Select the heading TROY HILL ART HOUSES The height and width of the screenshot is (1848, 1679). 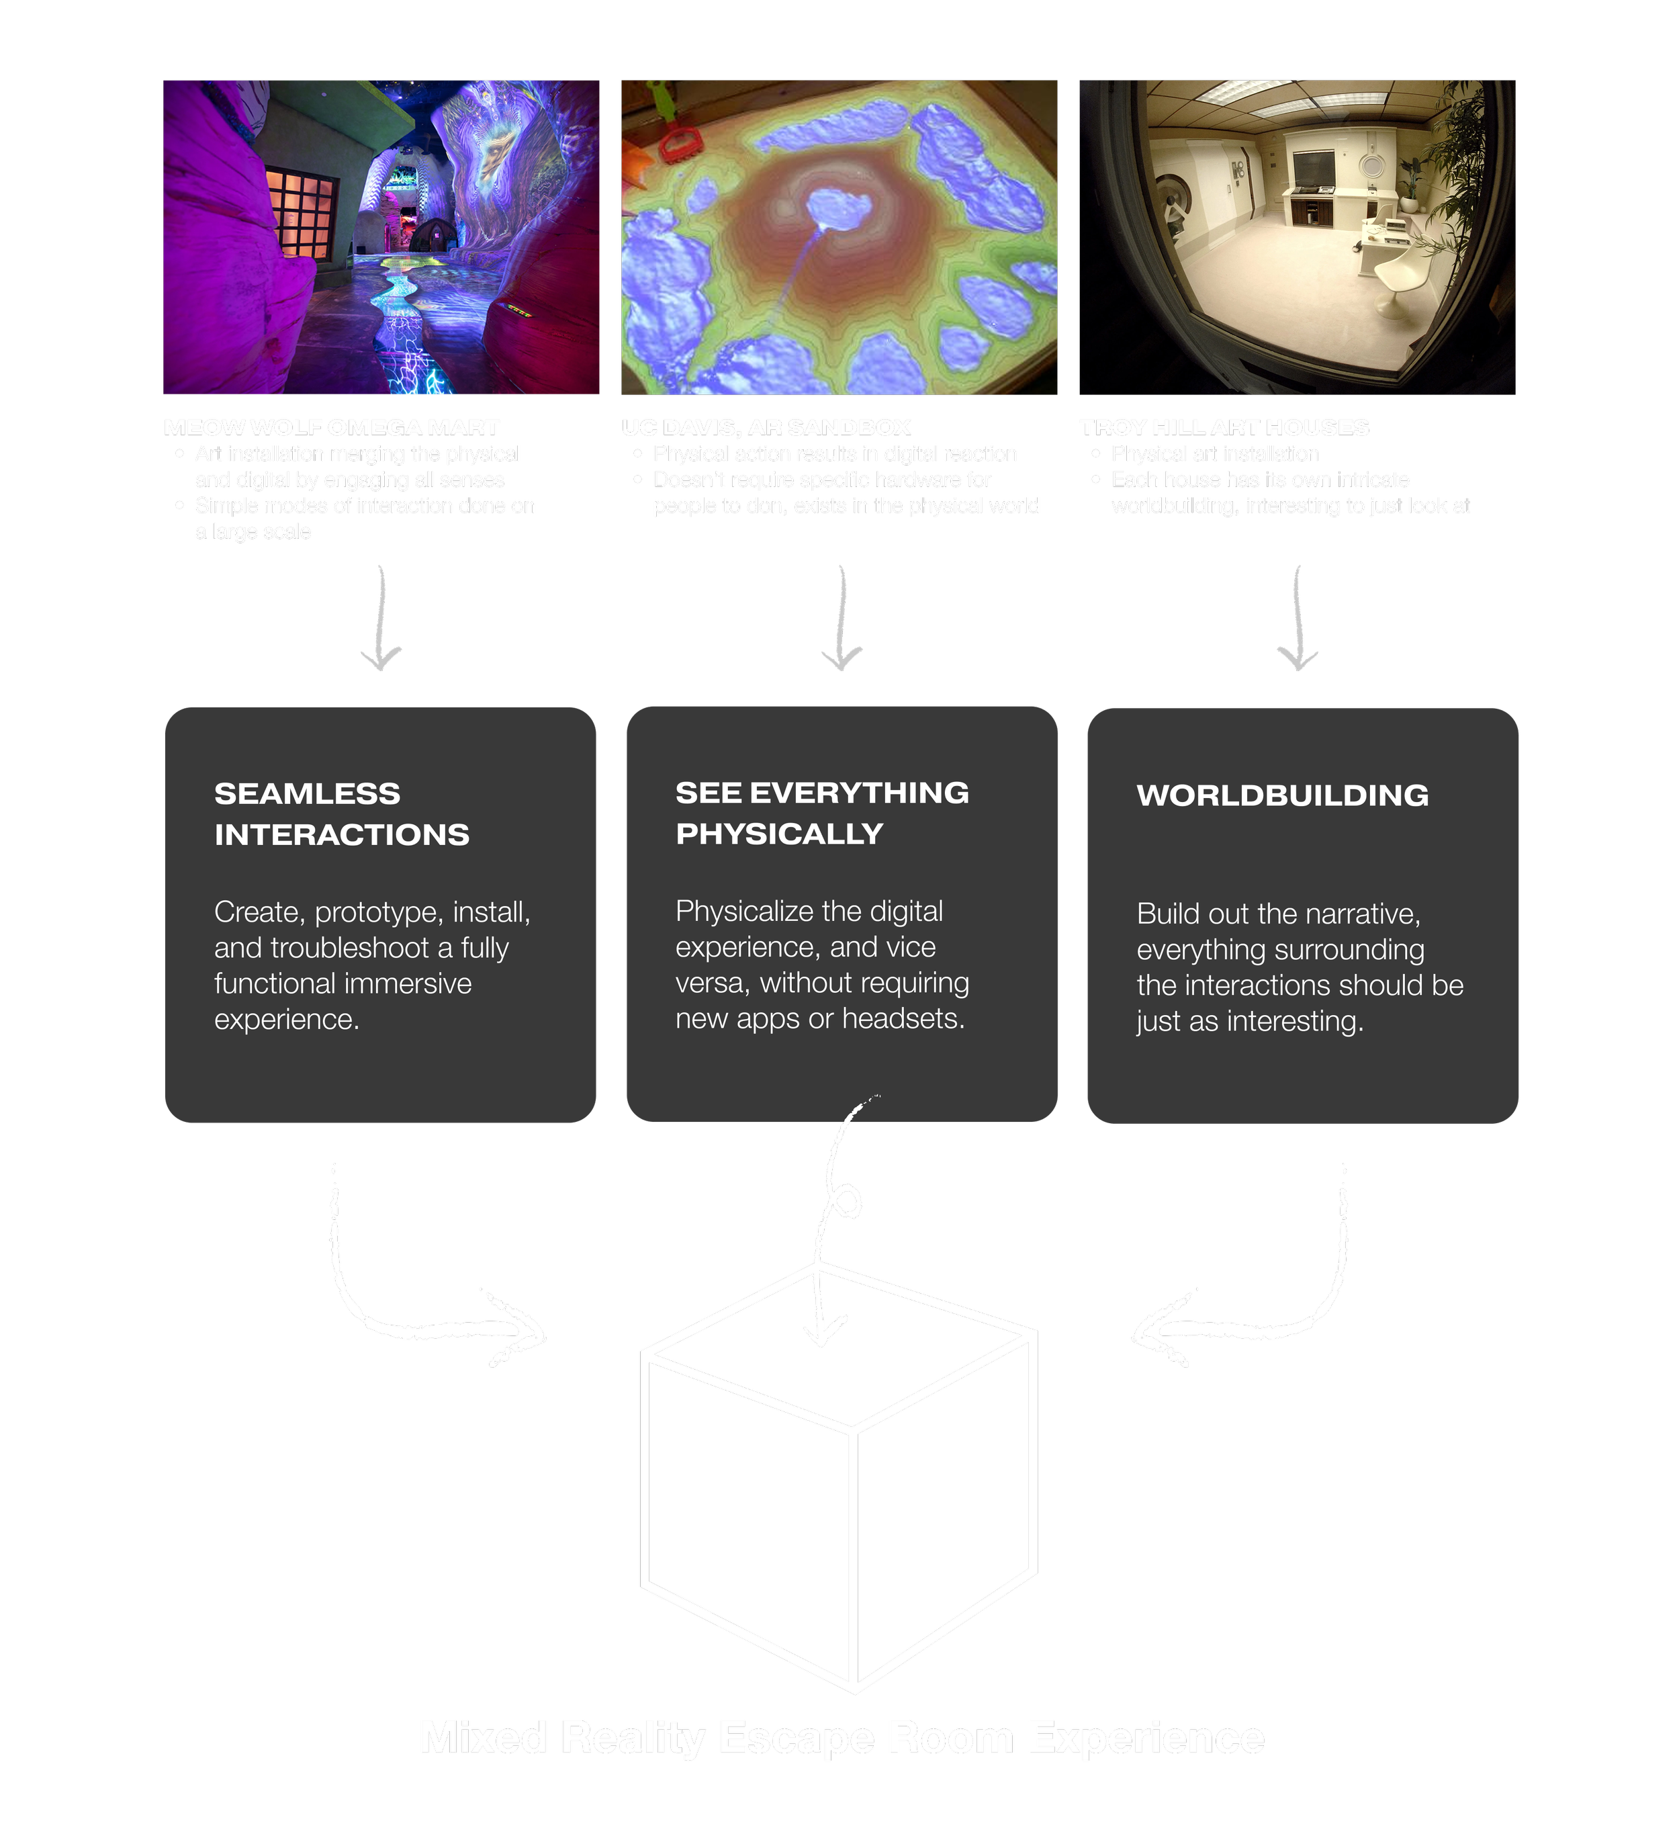pos(1224,428)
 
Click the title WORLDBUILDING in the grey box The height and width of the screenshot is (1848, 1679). pos(1282,795)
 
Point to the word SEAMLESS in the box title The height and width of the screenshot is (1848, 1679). pos(307,794)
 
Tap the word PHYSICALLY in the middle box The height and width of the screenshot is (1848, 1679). pos(779,834)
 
